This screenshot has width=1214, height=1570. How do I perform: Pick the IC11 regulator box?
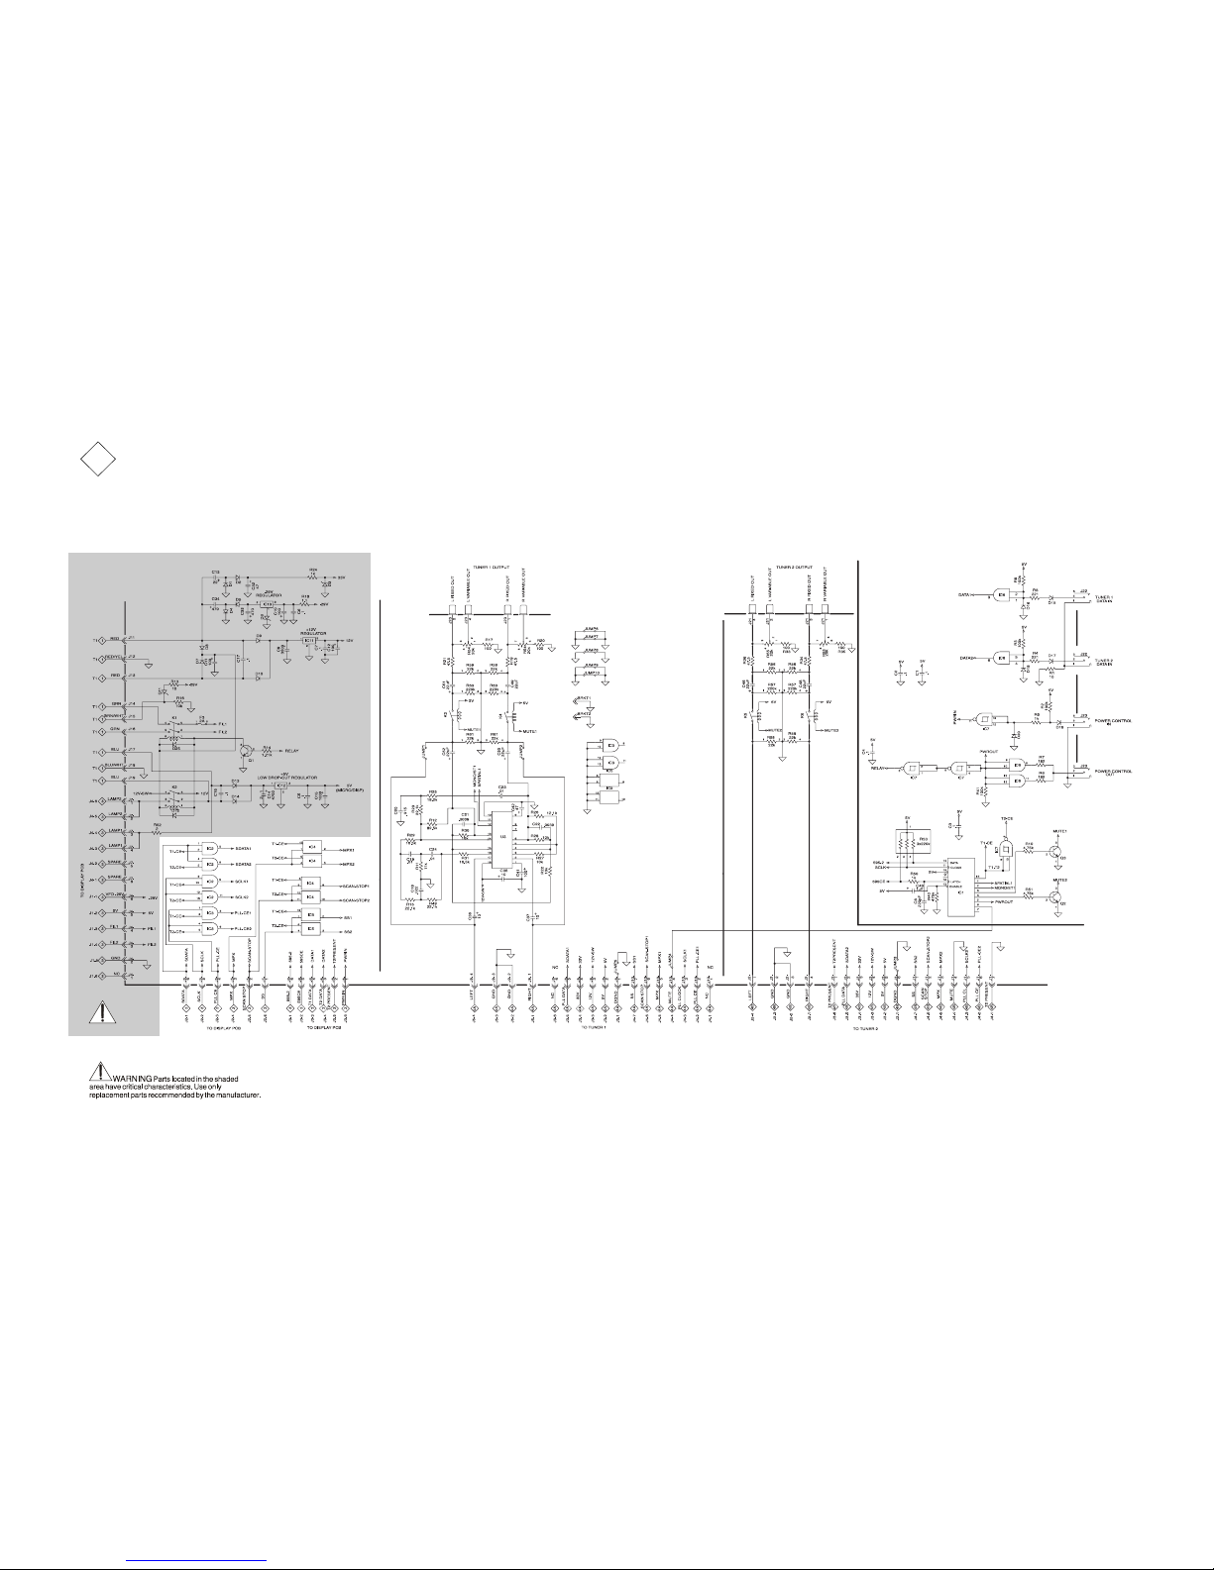309,641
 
